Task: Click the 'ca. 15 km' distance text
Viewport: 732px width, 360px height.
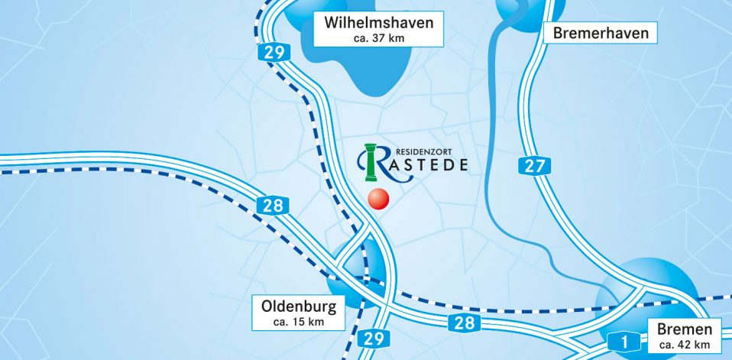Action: pos(299,323)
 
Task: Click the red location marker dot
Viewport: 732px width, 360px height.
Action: pos(378,199)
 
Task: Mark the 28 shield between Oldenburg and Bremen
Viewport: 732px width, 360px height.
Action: pos(464,323)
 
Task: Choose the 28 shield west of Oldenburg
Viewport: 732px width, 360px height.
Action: pos(272,205)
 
